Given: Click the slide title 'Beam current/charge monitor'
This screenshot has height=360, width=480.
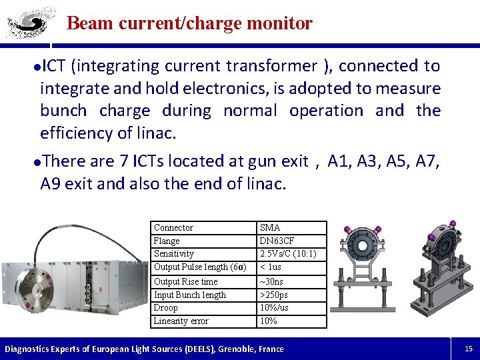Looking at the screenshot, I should coord(189,23).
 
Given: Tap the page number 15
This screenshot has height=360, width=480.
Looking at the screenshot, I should coord(468,348).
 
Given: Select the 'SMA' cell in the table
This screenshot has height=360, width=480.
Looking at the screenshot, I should coord(270,228).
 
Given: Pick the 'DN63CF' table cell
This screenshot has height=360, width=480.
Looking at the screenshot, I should coord(277,241).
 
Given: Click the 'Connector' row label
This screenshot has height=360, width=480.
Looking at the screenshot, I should coord(173,228).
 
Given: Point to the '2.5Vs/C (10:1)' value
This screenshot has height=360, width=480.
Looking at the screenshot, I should coord(288,254).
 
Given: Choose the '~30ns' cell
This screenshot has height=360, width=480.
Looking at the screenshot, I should coord(271,282).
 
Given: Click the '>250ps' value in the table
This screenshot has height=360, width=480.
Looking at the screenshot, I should coord(274,295).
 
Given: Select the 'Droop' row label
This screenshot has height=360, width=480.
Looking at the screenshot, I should coord(165,308).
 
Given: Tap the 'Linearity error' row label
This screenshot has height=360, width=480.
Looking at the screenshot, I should coord(181,321).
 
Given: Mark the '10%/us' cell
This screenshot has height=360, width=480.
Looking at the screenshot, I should coord(274,308).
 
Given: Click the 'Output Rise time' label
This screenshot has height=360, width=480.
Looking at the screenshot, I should coord(185,282).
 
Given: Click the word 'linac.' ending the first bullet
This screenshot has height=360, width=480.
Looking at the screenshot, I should coord(156,133).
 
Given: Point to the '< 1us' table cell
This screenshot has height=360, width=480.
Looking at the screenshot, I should coord(271,267).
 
